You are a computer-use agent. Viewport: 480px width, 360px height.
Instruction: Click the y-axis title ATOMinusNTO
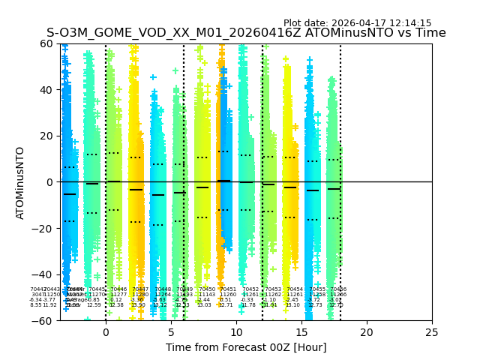coord(21,182)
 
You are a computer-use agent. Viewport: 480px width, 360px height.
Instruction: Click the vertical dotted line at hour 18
coord(340,150)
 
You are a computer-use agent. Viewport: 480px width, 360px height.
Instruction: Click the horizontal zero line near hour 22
coord(393,181)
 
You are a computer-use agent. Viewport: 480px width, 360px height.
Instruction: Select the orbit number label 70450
coord(207,289)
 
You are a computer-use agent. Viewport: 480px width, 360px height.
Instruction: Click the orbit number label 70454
coord(295,289)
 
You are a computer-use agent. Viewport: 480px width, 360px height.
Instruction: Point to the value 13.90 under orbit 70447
coord(138,305)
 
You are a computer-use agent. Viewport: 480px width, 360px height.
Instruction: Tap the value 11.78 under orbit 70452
coord(248,305)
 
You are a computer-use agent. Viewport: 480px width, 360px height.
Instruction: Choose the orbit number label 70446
coord(118,289)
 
